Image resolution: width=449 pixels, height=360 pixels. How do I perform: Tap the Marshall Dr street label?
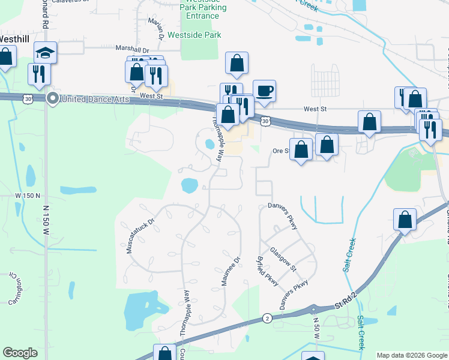point(132,50)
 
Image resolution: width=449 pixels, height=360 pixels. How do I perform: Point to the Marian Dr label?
point(157,28)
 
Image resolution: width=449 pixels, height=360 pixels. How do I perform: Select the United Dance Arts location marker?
point(53,98)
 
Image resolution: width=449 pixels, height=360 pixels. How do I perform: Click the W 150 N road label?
point(28,196)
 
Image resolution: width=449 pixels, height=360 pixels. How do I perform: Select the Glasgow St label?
point(283,259)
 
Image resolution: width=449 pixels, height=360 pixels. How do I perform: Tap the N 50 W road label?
point(315,330)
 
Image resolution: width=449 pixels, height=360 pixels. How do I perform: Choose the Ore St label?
point(281,151)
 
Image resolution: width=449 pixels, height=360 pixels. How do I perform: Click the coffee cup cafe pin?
point(264,92)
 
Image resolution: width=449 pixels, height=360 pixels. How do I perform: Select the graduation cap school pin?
point(46,53)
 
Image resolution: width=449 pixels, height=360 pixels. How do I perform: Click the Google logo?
point(20,353)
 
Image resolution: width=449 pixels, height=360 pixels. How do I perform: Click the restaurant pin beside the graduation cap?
point(39,73)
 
